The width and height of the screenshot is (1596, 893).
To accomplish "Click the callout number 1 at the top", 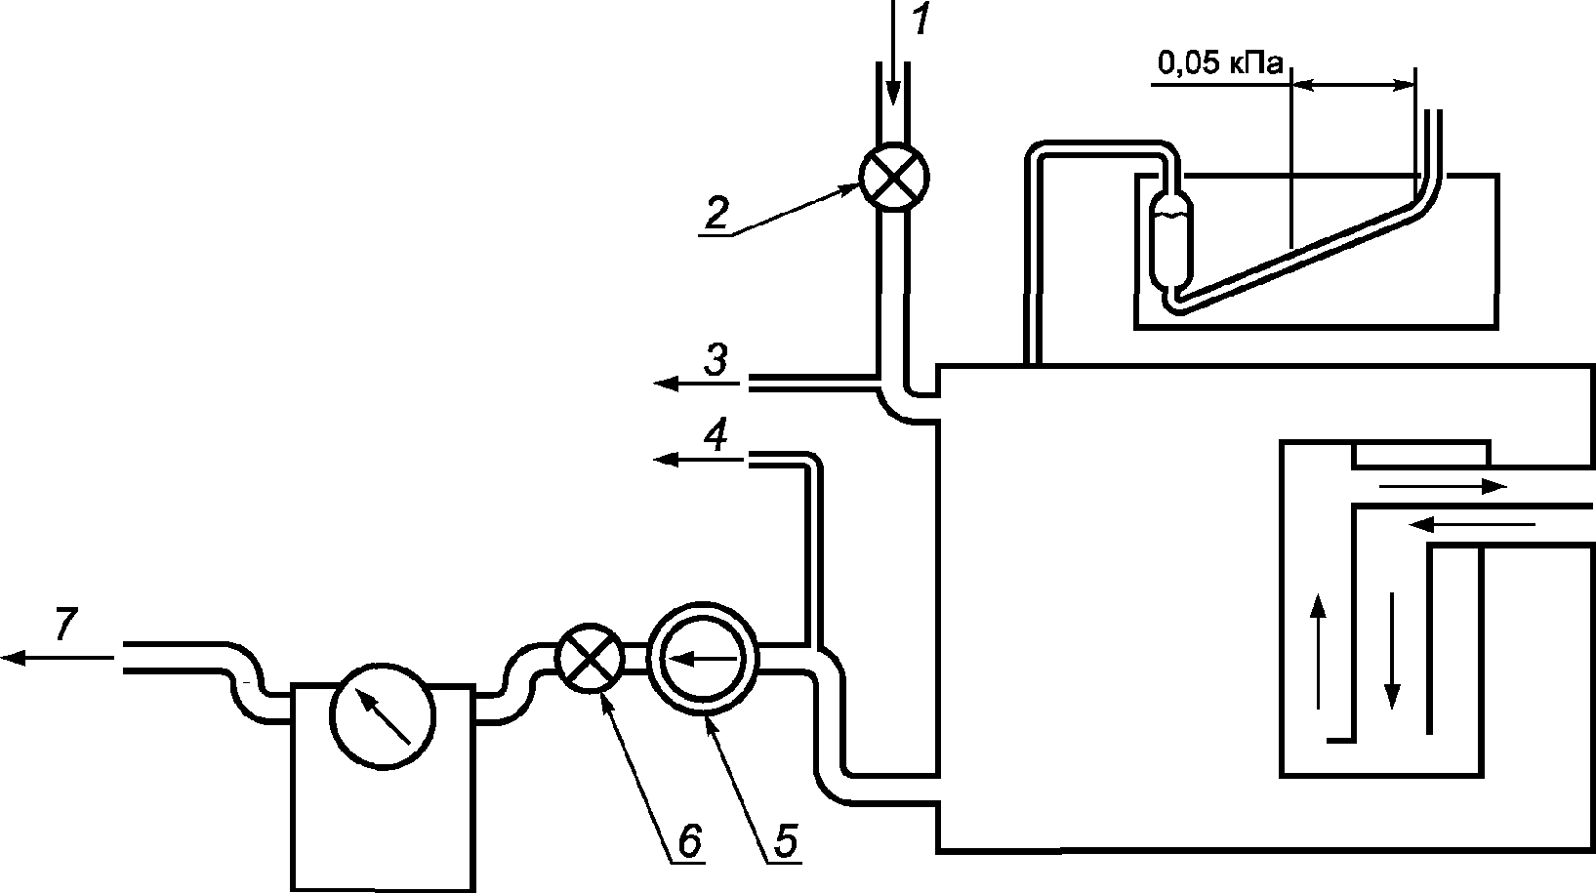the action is point(921,20).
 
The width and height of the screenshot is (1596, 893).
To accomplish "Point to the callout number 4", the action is point(716,434).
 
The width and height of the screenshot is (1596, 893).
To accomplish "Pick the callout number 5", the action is point(786,841).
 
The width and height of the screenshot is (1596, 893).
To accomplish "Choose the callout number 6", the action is point(690,841).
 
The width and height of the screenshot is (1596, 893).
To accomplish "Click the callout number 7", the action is point(65,624).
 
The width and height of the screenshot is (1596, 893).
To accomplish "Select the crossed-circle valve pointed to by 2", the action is point(894,178).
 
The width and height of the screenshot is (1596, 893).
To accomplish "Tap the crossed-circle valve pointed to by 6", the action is point(590,658).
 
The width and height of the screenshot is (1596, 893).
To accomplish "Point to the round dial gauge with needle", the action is point(383,715).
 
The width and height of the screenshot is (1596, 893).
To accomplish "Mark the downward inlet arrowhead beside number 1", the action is point(893,92).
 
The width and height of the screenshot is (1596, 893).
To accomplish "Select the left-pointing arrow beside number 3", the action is point(696,385).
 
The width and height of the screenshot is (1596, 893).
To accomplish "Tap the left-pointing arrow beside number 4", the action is point(696,460).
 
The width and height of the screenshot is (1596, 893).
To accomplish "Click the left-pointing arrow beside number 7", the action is point(57,657).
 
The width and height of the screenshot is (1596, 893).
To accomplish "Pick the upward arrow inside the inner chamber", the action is point(1318,651).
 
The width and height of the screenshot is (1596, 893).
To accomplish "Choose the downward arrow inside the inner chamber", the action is point(1392,651).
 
